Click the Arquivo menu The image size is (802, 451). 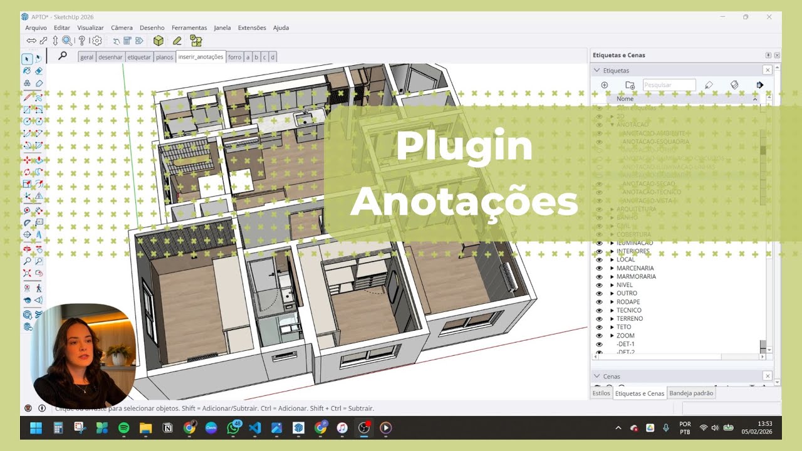36,28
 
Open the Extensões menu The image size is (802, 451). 252,28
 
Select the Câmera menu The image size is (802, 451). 122,28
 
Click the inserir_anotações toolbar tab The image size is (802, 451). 200,57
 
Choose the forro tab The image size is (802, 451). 234,57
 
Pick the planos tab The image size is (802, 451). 164,57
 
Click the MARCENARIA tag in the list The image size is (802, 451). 635,268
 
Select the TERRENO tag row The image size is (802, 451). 629,319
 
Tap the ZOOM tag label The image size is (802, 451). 625,336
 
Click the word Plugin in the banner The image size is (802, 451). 464,147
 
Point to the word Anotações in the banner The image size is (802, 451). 464,202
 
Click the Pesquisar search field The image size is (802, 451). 669,85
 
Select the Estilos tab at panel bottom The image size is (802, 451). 601,393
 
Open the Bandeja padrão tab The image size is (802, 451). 691,393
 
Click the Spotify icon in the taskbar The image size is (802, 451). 123,428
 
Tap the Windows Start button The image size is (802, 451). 36,428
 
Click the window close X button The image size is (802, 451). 769,17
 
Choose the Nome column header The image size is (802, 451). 625,99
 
